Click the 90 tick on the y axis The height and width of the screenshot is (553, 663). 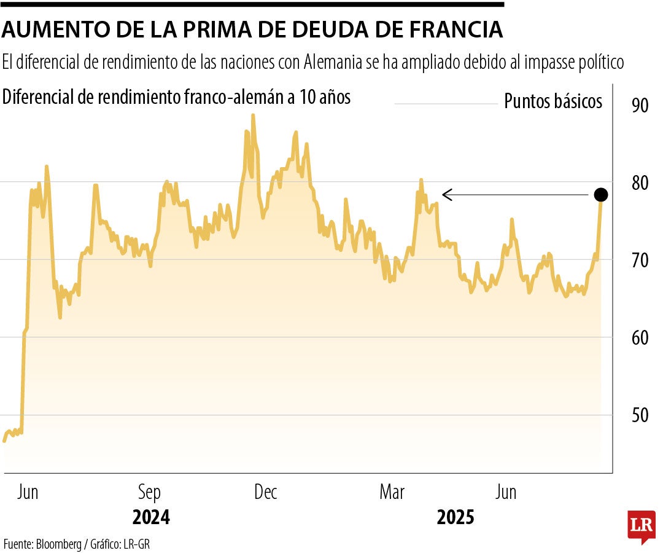click(x=640, y=105)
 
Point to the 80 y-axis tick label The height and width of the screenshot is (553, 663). click(x=640, y=183)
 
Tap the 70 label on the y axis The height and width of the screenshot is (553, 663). click(x=640, y=261)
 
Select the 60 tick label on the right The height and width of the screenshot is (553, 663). click(x=640, y=338)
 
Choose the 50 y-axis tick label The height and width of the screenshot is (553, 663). click(x=640, y=415)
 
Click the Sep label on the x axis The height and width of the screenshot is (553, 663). click(x=149, y=492)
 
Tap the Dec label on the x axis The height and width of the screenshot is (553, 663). click(x=266, y=492)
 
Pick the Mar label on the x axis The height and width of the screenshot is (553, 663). click(x=392, y=492)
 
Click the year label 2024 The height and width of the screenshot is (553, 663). click(x=151, y=517)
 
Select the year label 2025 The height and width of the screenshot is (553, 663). click(x=456, y=517)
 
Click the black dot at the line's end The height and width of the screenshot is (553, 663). click(x=601, y=195)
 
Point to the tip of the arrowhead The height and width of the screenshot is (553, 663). click(x=443, y=195)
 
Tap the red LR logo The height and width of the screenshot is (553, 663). click(x=641, y=526)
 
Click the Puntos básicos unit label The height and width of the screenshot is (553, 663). click(x=553, y=101)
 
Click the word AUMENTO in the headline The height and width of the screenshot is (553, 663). click(x=50, y=29)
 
